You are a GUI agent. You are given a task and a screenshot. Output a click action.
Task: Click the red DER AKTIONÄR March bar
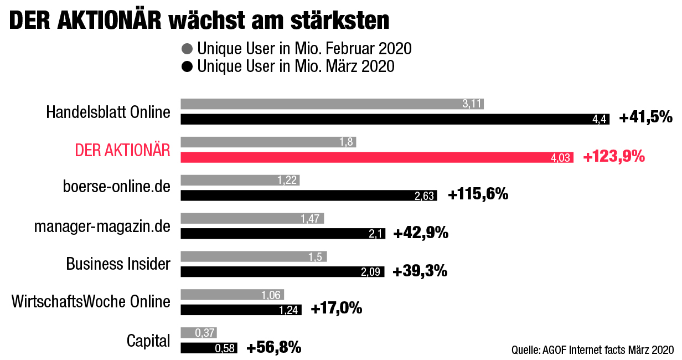point(376,157)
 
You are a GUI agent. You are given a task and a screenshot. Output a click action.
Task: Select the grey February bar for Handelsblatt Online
point(332,104)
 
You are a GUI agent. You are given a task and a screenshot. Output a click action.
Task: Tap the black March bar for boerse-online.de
point(309,195)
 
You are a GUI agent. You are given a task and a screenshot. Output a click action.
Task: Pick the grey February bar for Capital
point(199,332)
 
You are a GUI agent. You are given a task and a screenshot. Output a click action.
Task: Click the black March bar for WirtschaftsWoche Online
point(241,310)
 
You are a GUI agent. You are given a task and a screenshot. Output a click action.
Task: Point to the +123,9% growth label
point(614,157)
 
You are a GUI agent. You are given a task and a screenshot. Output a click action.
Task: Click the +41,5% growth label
point(645,117)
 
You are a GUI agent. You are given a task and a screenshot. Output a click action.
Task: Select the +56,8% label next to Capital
point(273,348)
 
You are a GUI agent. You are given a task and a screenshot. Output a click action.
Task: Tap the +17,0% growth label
point(337,308)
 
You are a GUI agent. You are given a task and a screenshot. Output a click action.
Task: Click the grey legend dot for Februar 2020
point(187,49)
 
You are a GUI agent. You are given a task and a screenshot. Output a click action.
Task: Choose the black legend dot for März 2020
point(187,67)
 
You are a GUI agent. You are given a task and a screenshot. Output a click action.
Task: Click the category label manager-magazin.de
point(102,227)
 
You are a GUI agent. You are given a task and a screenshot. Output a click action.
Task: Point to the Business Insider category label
point(118,264)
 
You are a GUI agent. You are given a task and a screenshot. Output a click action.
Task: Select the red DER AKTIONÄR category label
point(122,150)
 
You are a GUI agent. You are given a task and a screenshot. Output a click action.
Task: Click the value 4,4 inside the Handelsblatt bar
point(600,119)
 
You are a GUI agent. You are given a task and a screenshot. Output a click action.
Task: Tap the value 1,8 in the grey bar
point(347,142)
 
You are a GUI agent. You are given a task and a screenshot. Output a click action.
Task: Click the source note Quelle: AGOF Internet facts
point(592,349)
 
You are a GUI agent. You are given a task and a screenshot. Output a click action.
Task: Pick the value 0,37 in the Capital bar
point(205,333)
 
